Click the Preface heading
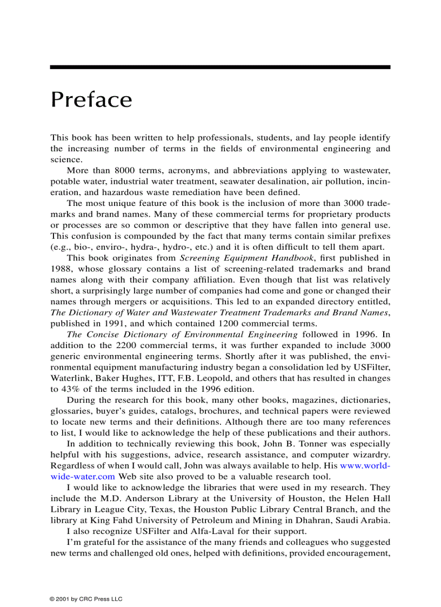point(91,101)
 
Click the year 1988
point(61,269)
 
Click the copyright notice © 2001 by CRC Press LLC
point(86,599)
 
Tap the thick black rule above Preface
point(220,67)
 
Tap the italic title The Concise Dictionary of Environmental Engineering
point(183,334)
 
